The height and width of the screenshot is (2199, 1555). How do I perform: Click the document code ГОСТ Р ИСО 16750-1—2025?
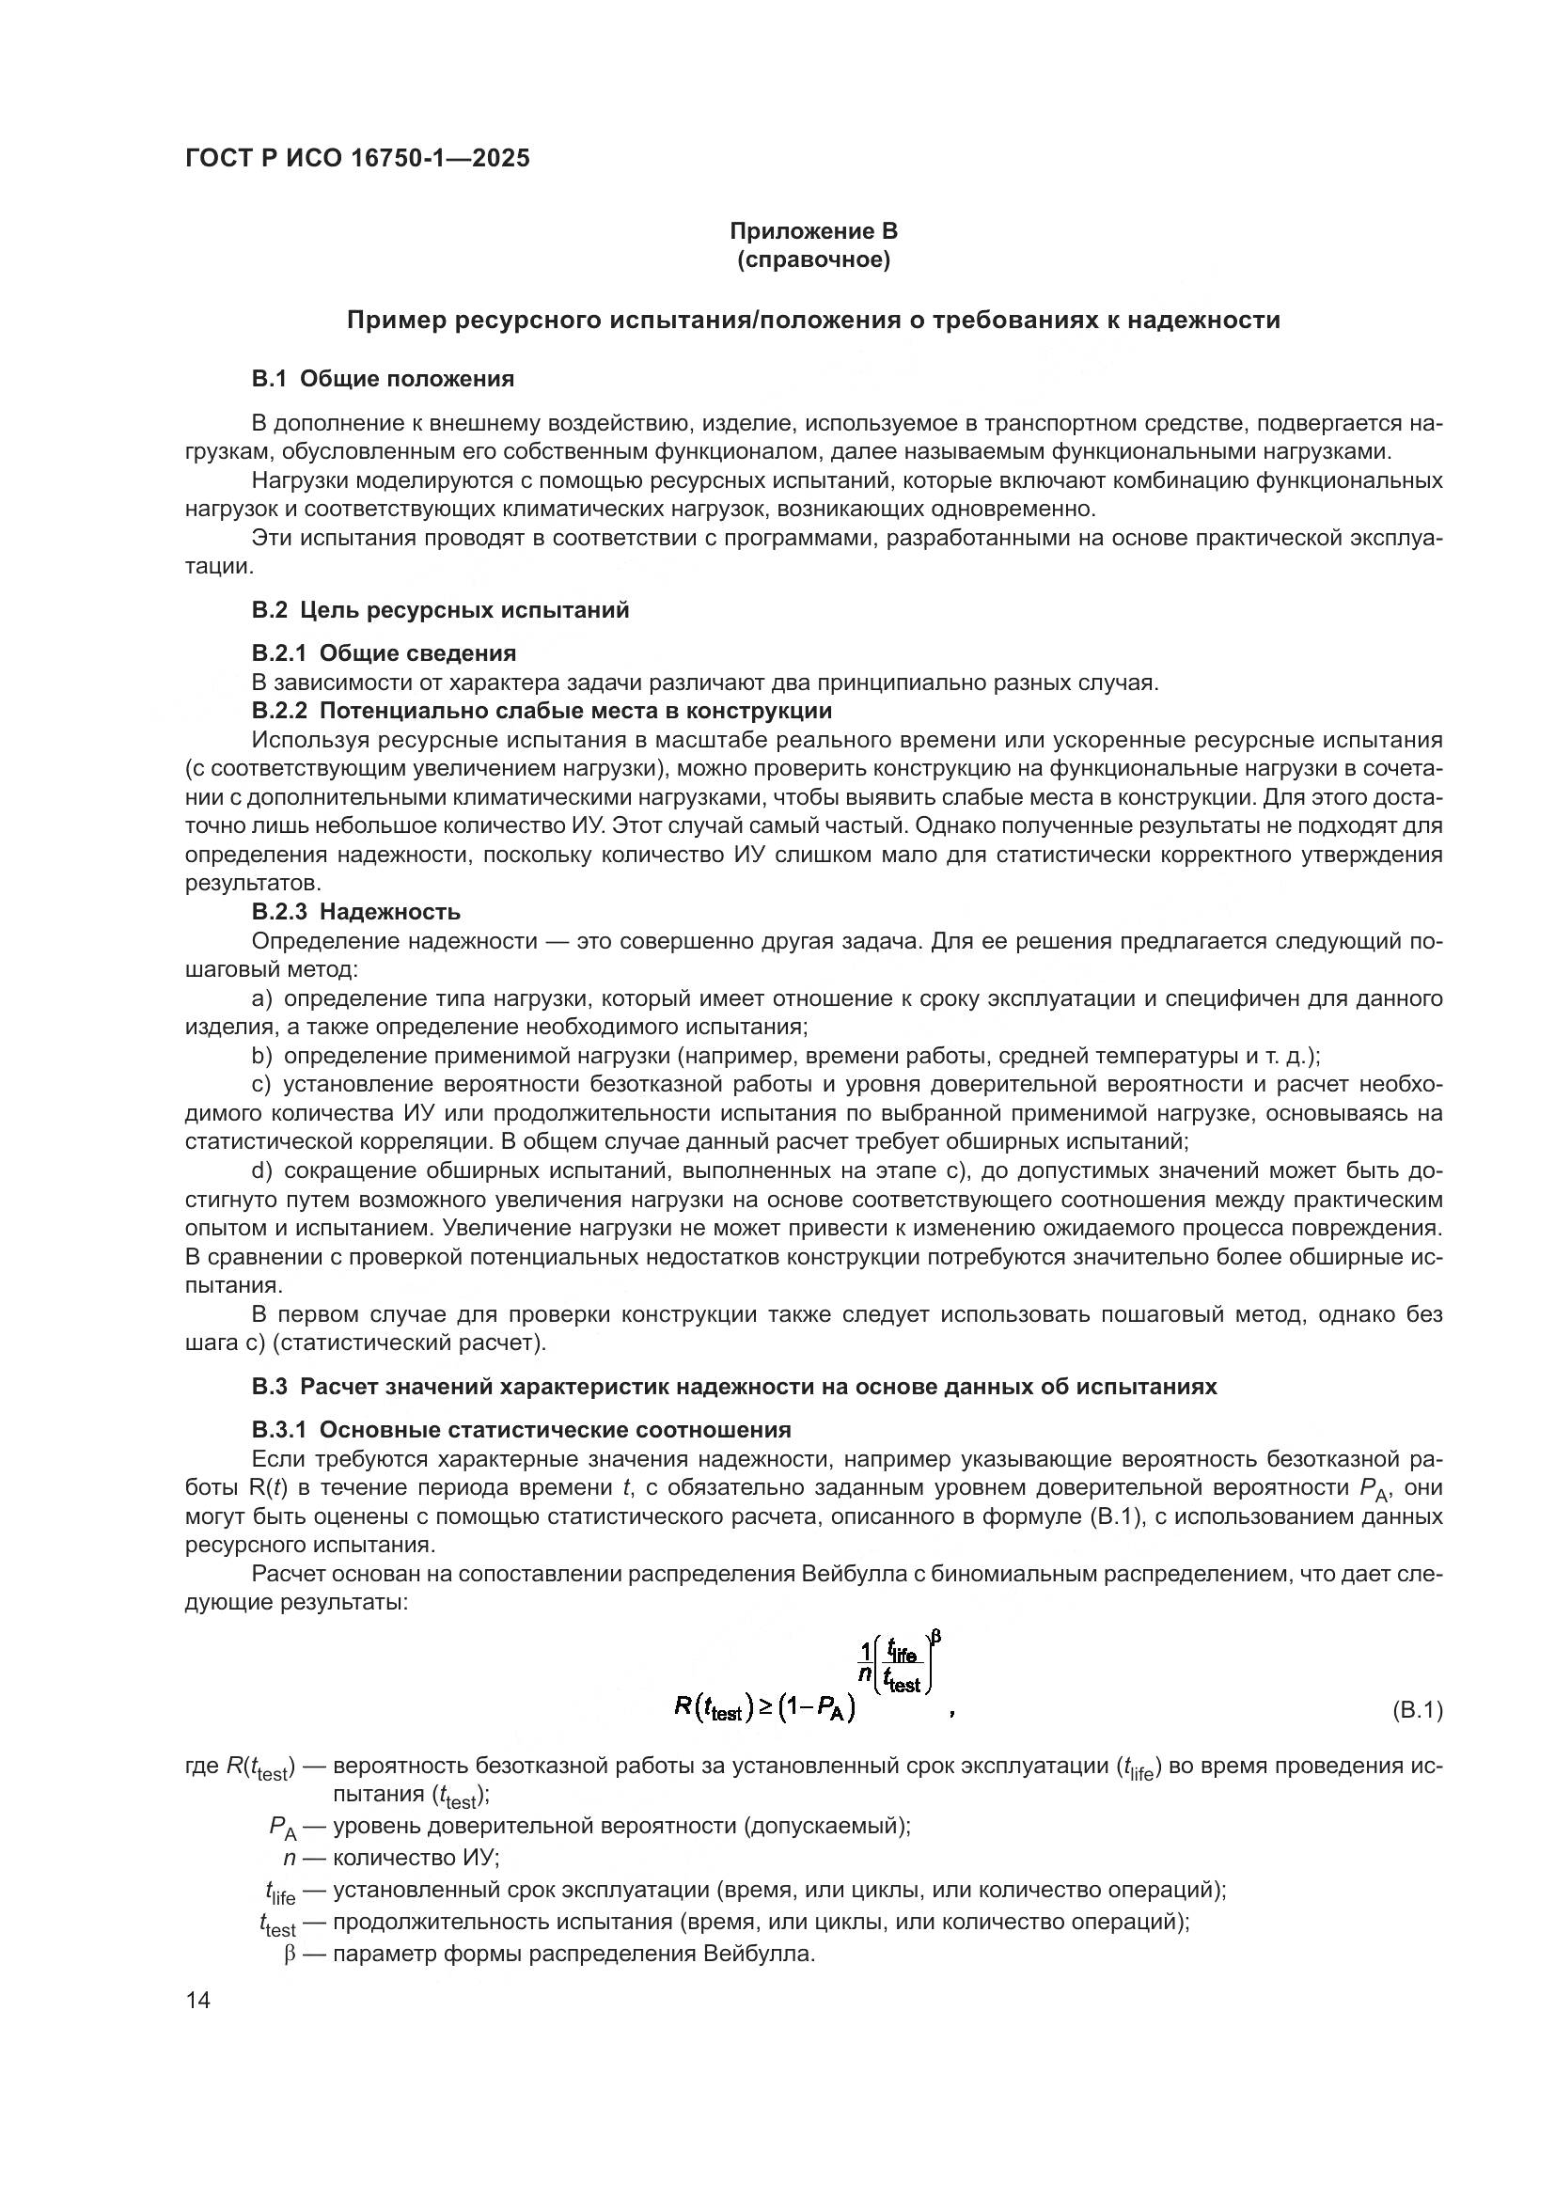[357, 158]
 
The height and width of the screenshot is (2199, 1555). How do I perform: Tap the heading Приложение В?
[813, 231]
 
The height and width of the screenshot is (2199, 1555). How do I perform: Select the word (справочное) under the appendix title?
[813, 260]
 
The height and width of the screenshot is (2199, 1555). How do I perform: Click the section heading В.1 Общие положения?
[382, 379]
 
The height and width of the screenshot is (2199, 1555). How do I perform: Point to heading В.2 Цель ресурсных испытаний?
[440, 610]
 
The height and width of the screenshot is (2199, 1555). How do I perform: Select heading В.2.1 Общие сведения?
[384, 653]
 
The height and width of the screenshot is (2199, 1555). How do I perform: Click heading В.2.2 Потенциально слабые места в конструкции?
[541, 711]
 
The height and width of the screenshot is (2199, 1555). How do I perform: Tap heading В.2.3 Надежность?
[356, 911]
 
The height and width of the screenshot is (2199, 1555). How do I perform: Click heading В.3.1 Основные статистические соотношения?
[521, 1430]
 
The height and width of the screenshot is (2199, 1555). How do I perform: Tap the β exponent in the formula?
[936, 1637]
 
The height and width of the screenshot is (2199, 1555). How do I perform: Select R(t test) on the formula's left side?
[710, 1708]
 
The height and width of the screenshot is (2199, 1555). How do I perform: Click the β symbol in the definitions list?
[289, 1955]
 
